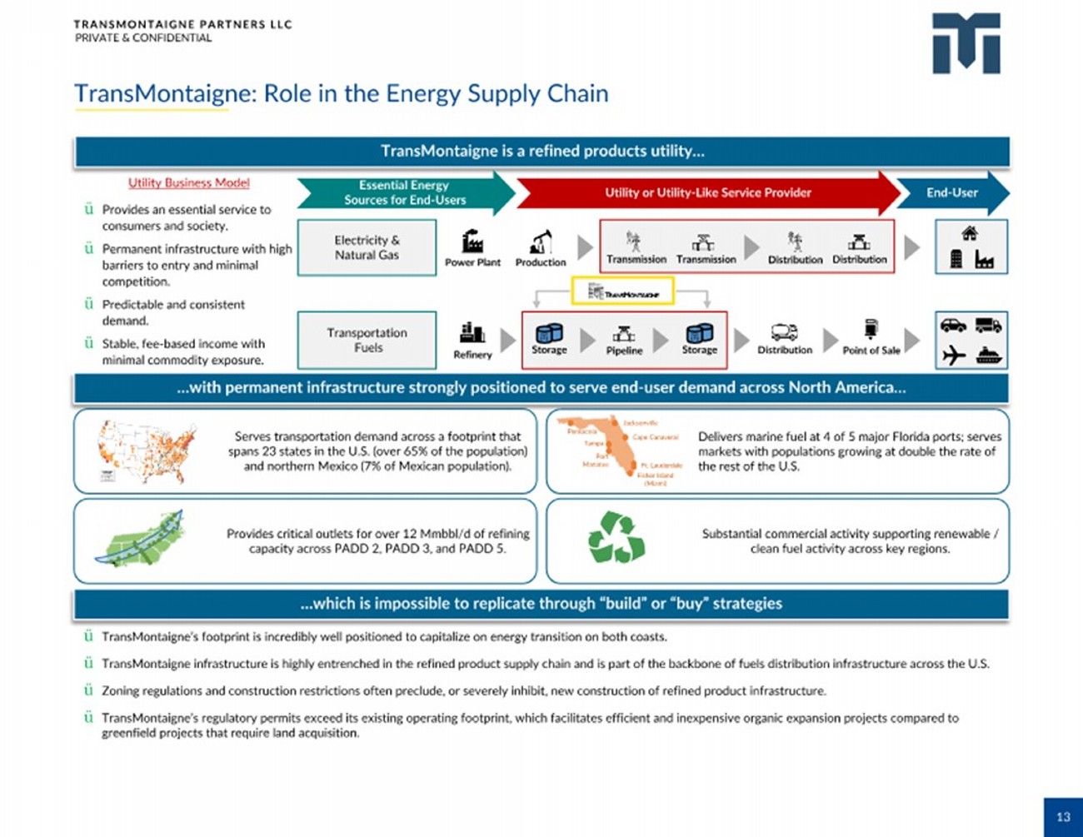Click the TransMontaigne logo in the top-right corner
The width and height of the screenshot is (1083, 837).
pyautogui.click(x=966, y=43)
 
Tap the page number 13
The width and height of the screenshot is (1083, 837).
pyautogui.click(x=1062, y=817)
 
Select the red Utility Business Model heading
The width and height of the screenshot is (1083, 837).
pyautogui.click(x=188, y=183)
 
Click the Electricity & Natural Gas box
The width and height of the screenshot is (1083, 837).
pyautogui.click(x=367, y=247)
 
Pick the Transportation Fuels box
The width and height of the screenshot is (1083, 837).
pyautogui.click(x=367, y=340)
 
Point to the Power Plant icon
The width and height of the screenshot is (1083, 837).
pyautogui.click(x=472, y=242)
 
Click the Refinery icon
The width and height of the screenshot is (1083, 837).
pyautogui.click(x=472, y=333)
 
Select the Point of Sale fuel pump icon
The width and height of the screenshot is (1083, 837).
pyautogui.click(x=871, y=330)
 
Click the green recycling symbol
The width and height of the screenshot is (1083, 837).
pyautogui.click(x=616, y=538)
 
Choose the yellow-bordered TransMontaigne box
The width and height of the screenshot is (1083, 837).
pyautogui.click(x=622, y=291)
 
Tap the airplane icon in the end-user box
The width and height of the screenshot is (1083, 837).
pyautogui.click(x=954, y=356)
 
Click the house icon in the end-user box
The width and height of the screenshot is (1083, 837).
pyautogui.click(x=970, y=233)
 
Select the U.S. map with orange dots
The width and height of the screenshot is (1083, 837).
pyautogui.click(x=148, y=452)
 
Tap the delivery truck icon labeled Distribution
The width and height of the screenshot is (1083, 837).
pyautogui.click(x=784, y=332)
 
